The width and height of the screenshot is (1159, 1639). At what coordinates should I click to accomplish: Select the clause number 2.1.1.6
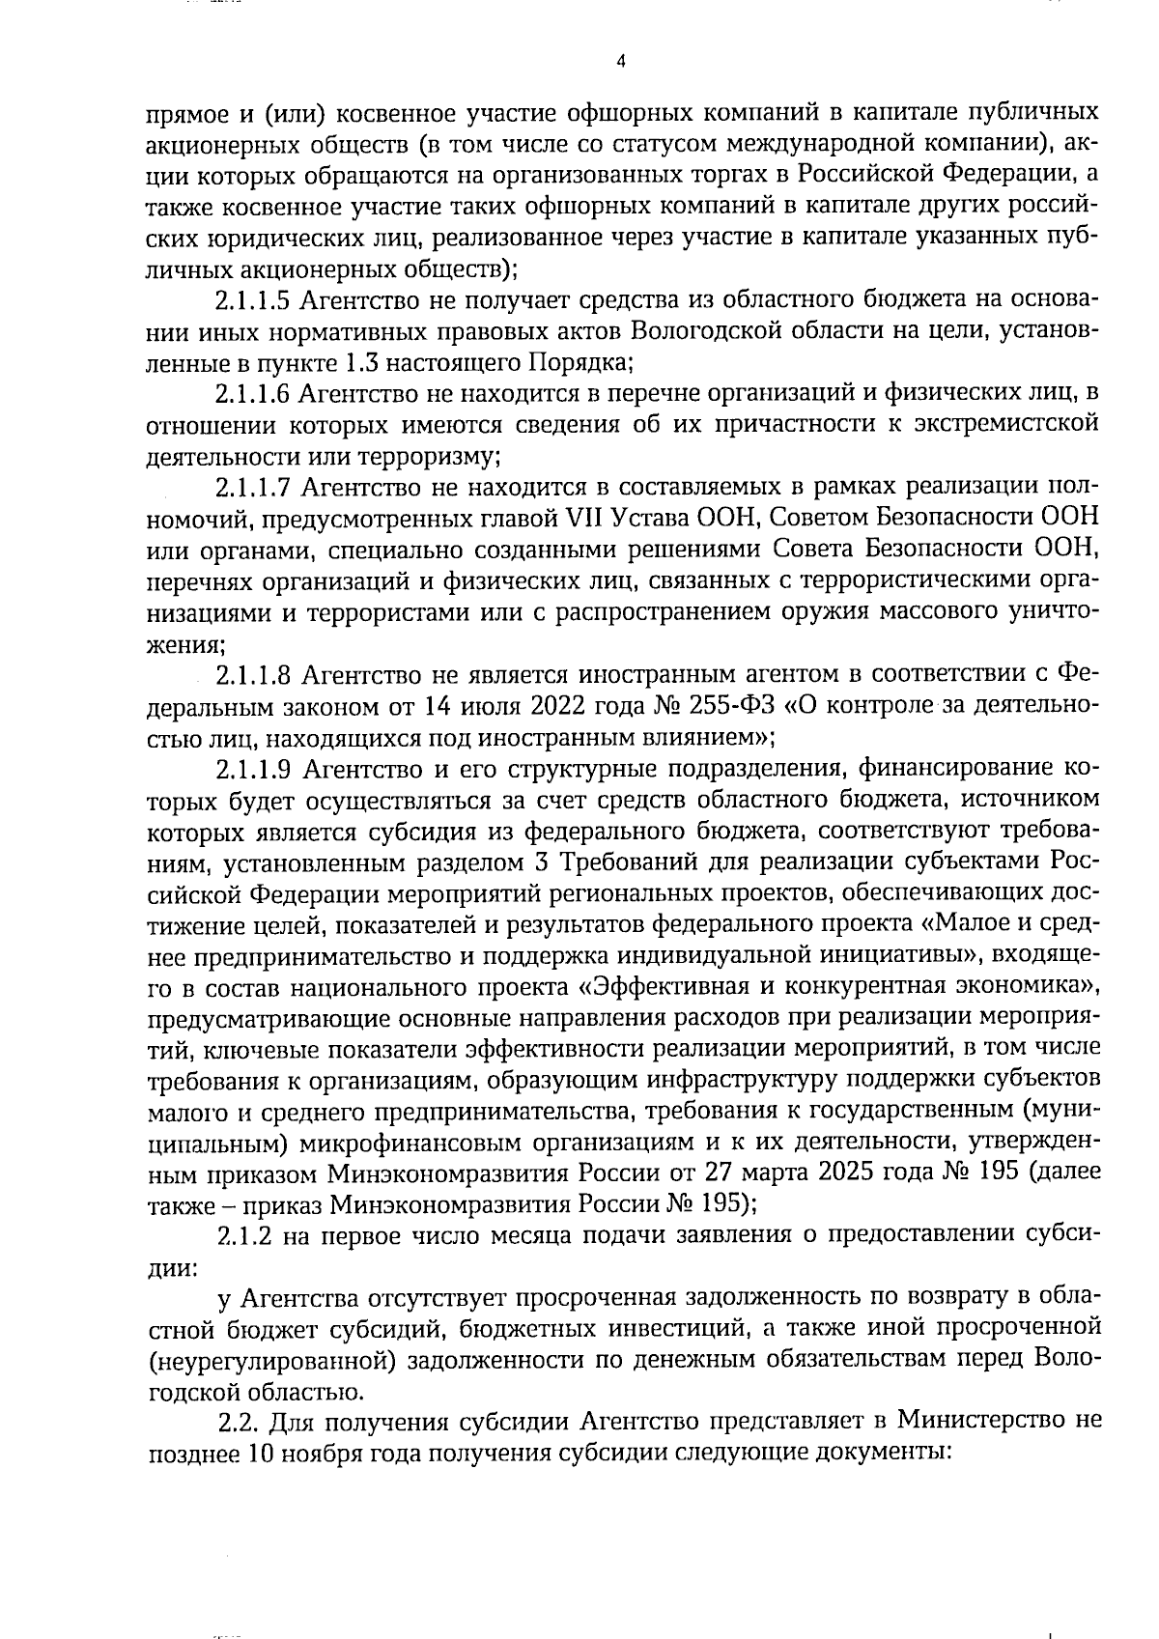[x=253, y=393]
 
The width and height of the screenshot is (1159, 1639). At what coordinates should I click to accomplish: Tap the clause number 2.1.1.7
[x=253, y=485]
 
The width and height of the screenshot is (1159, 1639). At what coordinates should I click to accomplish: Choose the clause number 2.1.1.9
[x=253, y=769]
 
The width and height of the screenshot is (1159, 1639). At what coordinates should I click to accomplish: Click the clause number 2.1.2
[x=242, y=1235]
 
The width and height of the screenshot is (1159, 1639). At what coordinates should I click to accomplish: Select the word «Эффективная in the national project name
[x=655, y=987]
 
